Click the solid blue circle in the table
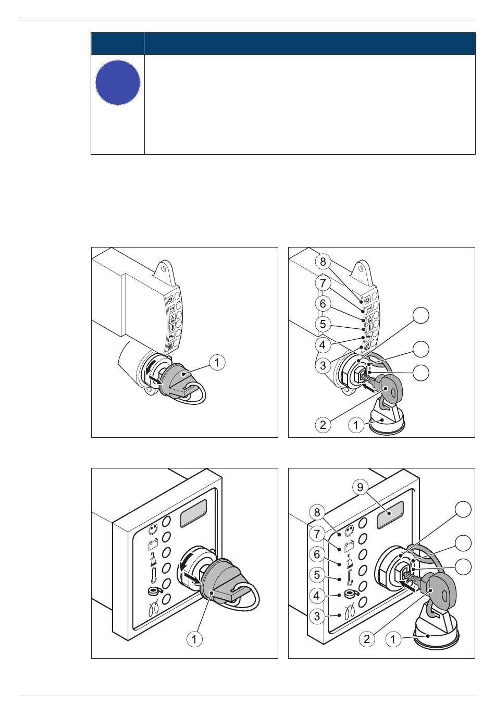(118, 82)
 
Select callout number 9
(360, 487)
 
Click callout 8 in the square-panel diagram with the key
(317, 513)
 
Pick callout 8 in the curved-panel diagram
(323, 262)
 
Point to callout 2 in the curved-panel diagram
(323, 425)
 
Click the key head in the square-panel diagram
(440, 590)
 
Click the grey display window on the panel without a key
(193, 515)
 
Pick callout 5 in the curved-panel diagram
(323, 324)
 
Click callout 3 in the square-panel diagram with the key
(317, 615)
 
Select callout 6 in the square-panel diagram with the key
(317, 554)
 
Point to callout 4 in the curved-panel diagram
(323, 344)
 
